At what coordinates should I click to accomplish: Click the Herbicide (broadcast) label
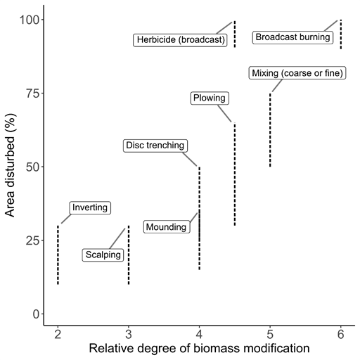click(x=180, y=40)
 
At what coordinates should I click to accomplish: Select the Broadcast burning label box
click(x=292, y=37)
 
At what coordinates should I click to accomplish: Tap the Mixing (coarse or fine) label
click(x=297, y=73)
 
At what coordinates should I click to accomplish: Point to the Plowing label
click(x=210, y=98)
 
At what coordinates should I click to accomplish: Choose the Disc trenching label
click(x=155, y=146)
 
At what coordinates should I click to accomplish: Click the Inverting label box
click(x=90, y=207)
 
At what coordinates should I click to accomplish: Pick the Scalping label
click(x=103, y=255)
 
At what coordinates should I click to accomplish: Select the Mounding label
click(x=167, y=227)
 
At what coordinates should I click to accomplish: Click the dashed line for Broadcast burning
click(x=341, y=34)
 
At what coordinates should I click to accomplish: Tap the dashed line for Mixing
click(x=270, y=130)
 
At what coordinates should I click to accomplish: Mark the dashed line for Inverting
click(x=58, y=255)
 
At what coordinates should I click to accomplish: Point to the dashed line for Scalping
click(x=129, y=255)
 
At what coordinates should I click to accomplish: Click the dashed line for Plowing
click(x=235, y=174)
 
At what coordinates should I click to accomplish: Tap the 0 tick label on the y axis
click(x=37, y=314)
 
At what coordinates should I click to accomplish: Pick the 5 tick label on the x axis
click(x=270, y=334)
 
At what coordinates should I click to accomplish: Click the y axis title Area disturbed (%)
click(x=10, y=165)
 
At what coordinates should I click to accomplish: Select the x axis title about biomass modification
click(x=199, y=348)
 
